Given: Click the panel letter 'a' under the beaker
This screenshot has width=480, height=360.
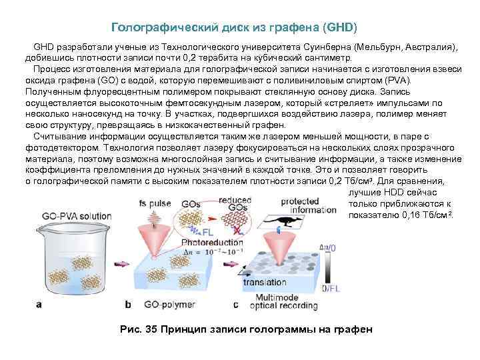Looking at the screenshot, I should tap(39, 305).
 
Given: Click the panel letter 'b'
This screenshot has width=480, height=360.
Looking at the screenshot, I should tap(128, 305).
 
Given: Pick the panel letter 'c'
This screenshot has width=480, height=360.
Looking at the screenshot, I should tap(235, 305).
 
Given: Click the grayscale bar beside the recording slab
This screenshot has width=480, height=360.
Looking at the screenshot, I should tap(325, 267).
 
